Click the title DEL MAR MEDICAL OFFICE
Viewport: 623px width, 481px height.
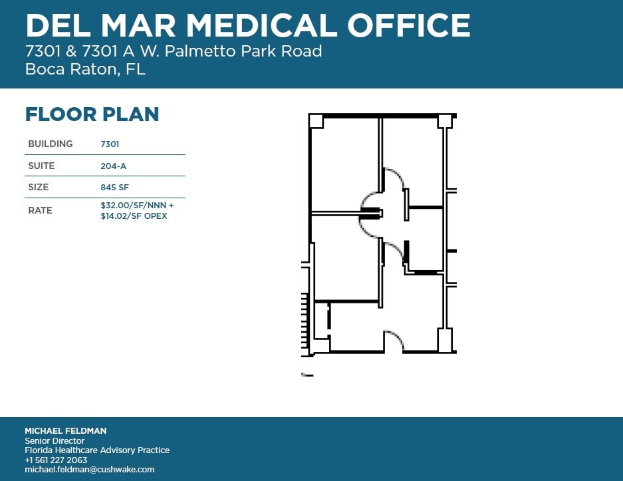[x=247, y=26]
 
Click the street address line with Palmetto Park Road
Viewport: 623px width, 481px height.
[x=173, y=51]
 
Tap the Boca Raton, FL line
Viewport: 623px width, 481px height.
[x=85, y=69]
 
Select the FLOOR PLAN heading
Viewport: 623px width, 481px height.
[x=92, y=114]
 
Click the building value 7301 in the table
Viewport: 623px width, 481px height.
[x=110, y=144]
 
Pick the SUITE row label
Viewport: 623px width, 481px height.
[x=41, y=166]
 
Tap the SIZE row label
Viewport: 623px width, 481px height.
[x=39, y=188]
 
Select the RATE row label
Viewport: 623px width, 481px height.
[x=40, y=210]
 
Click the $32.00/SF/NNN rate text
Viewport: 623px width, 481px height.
[x=137, y=206]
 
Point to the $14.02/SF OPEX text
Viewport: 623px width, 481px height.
[x=134, y=216]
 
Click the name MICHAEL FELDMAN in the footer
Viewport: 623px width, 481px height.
[x=65, y=431]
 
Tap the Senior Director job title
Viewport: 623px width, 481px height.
[x=55, y=440]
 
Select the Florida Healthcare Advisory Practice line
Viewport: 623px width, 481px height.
[x=97, y=450]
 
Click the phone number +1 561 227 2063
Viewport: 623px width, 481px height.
[x=56, y=460]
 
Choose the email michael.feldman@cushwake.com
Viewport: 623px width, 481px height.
[x=89, y=469]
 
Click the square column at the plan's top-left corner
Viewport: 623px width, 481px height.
[x=316, y=121]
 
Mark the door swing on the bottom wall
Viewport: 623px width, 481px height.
[x=395, y=340]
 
